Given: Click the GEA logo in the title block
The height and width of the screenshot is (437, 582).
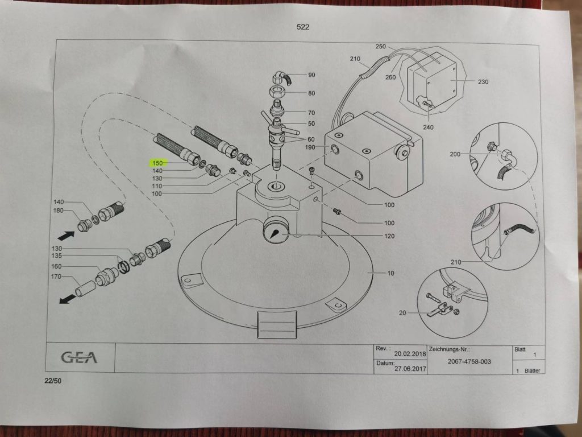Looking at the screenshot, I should [80, 357].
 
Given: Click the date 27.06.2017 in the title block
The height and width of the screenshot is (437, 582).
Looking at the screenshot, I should [409, 368].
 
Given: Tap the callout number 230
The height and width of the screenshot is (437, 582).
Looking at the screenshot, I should [483, 82].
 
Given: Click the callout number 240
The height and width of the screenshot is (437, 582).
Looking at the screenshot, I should [428, 127].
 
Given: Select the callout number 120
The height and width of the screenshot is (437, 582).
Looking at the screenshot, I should [389, 236].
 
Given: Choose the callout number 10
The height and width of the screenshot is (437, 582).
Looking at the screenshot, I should [390, 274].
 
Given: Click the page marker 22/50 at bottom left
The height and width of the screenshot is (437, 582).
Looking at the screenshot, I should [52, 381].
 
